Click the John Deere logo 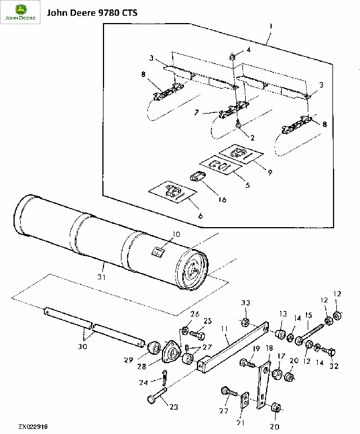20,12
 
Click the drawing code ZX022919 33,427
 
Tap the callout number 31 102,277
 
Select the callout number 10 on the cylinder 176,234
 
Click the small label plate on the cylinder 158,252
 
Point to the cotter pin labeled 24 164,377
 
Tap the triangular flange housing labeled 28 172,352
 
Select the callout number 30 82,346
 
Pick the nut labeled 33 245,322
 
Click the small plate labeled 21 244,400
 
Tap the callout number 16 222,200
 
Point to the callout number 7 196,112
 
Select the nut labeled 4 233,58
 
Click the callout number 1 271,26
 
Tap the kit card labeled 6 173,192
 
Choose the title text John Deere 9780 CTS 92,13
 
